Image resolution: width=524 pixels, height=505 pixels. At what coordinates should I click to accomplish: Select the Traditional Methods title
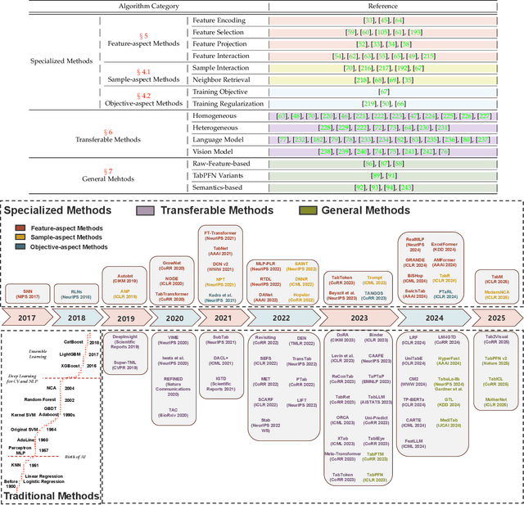(52, 495)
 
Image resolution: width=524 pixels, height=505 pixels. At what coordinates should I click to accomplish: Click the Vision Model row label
(213, 151)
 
